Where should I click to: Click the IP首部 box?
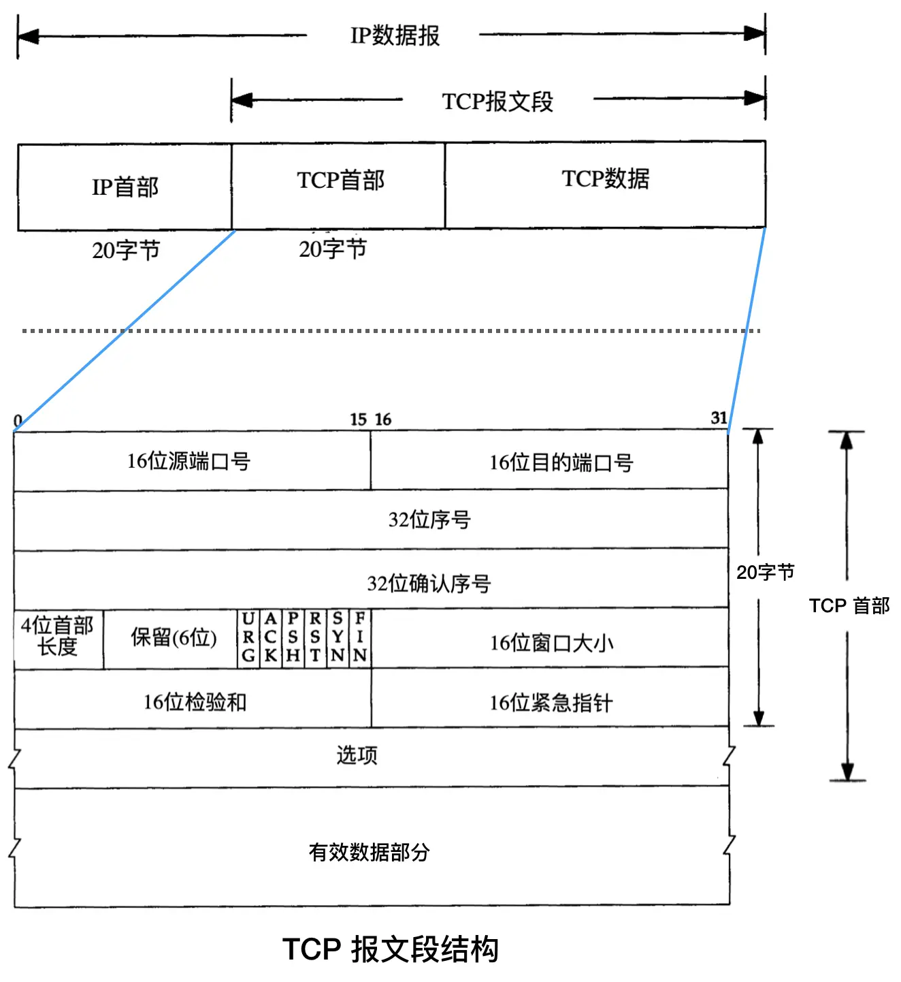pos(125,187)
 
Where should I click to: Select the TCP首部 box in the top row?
pos(339,184)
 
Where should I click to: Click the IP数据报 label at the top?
pos(395,35)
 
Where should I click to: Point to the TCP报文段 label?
pos(497,101)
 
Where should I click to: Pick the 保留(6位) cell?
pos(173,637)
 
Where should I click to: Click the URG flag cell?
pos(248,637)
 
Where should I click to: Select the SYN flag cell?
pos(338,637)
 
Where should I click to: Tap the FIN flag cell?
pos(360,637)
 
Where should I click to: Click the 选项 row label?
pos(357,755)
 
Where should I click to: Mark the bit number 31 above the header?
pos(719,418)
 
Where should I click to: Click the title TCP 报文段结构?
pos(391,949)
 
